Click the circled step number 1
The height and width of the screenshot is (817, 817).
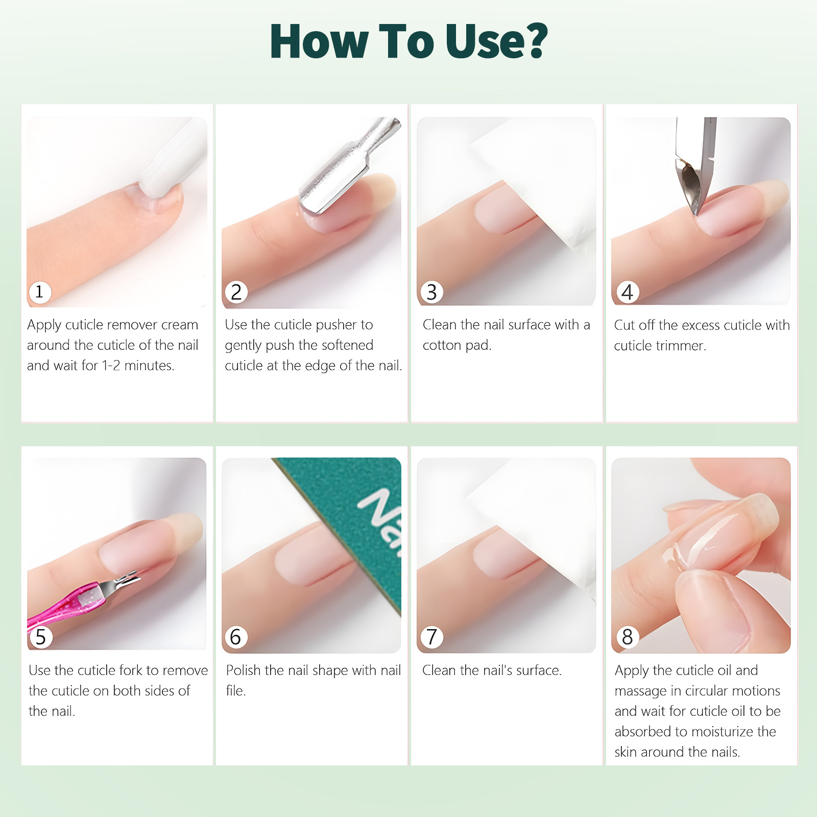coord(39,292)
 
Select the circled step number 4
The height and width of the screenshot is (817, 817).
coord(627,292)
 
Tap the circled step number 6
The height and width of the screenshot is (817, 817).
coord(235,637)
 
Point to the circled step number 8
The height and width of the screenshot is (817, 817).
coord(627,637)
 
